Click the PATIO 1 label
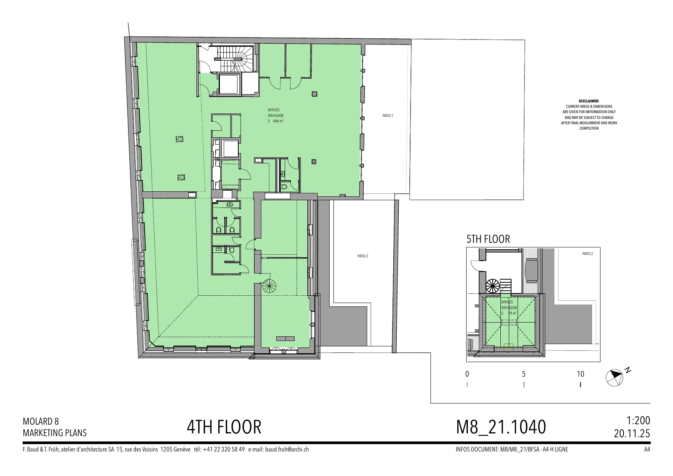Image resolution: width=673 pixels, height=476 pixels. click(388, 115)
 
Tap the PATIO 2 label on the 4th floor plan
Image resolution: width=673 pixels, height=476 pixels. click(363, 256)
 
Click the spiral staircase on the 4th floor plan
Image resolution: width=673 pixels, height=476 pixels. click(269, 286)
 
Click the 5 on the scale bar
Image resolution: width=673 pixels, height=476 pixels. click(524, 374)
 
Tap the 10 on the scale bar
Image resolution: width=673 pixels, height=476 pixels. click(580, 374)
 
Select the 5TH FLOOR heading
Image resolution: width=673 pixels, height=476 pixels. click(488, 239)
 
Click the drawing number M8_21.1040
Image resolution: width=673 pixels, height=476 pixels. click(501, 427)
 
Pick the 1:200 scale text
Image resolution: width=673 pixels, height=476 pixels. click(638, 420)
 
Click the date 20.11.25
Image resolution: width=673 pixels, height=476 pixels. click(632, 433)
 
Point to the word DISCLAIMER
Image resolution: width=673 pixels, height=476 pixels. click(589, 101)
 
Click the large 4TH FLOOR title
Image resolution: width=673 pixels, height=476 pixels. click(224, 427)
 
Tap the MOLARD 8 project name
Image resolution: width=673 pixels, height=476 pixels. click(41, 421)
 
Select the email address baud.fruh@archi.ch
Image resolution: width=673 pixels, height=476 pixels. click(287, 449)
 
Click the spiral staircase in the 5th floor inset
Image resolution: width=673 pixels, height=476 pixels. click(493, 286)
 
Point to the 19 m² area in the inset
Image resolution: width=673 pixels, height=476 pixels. click(513, 313)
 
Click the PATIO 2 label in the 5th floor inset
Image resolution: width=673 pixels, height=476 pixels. click(587, 254)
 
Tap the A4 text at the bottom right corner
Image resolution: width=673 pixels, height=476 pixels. click(647, 449)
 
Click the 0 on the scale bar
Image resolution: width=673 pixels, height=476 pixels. click(467, 374)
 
